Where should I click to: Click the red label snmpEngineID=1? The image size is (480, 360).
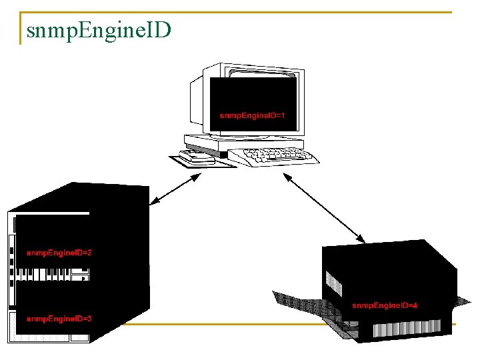click(253, 115)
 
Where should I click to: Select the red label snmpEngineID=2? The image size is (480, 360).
click(59, 253)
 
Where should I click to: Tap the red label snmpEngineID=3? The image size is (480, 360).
click(59, 319)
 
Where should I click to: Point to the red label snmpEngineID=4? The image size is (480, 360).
click(385, 305)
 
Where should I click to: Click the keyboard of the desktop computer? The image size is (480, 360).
click(273, 156)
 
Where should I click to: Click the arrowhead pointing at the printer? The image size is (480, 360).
click(361, 238)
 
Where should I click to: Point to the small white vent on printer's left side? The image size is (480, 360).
click(334, 283)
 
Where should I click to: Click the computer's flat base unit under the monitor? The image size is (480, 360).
click(243, 141)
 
